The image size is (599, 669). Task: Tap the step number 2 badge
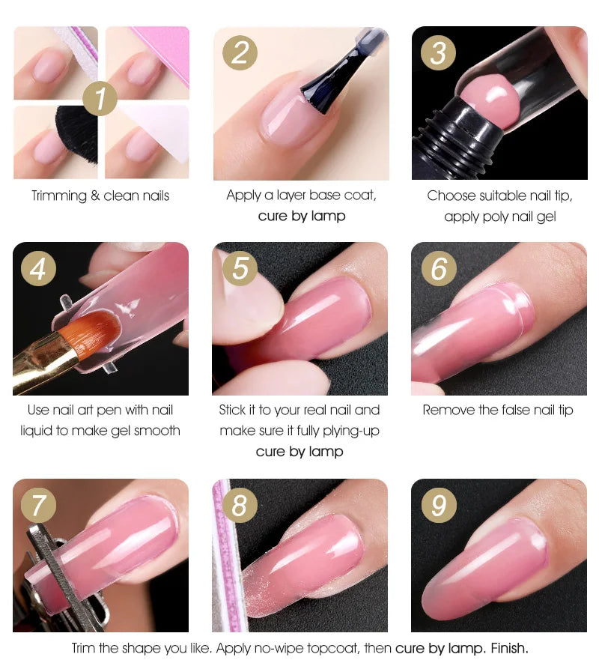pos(240,52)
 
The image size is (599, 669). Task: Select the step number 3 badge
pos(438,52)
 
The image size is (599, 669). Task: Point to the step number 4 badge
pos(38,267)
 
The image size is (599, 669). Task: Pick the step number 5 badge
pos(240,267)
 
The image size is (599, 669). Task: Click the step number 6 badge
pos(439,267)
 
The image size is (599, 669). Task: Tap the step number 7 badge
pos(38,506)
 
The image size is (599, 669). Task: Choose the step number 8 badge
pos(240,506)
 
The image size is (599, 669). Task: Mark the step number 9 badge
pos(439,506)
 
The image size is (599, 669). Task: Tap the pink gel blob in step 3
pos(484,99)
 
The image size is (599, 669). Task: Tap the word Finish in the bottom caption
pos(509,648)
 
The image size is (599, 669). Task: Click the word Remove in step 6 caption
pos(449,411)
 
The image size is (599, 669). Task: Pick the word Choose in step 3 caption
pos(451,196)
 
